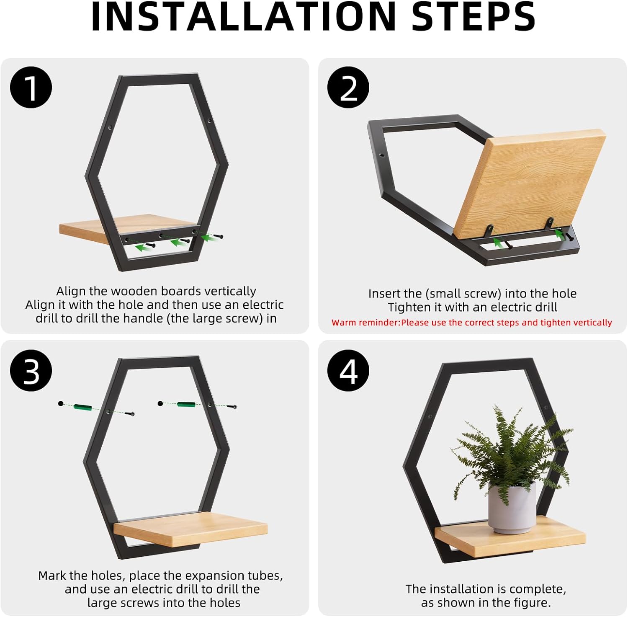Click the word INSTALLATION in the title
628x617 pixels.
(243, 17)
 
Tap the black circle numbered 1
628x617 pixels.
(31, 88)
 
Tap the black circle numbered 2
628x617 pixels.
(348, 88)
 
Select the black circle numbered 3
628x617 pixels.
(31, 371)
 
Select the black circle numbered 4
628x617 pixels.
(348, 371)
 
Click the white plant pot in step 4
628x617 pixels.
(512, 508)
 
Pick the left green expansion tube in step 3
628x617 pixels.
(82, 407)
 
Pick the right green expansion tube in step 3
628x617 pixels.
(186, 404)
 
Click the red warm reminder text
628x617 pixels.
(471, 323)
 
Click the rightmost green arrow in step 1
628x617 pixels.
(208, 238)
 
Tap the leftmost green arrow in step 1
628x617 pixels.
(144, 248)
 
